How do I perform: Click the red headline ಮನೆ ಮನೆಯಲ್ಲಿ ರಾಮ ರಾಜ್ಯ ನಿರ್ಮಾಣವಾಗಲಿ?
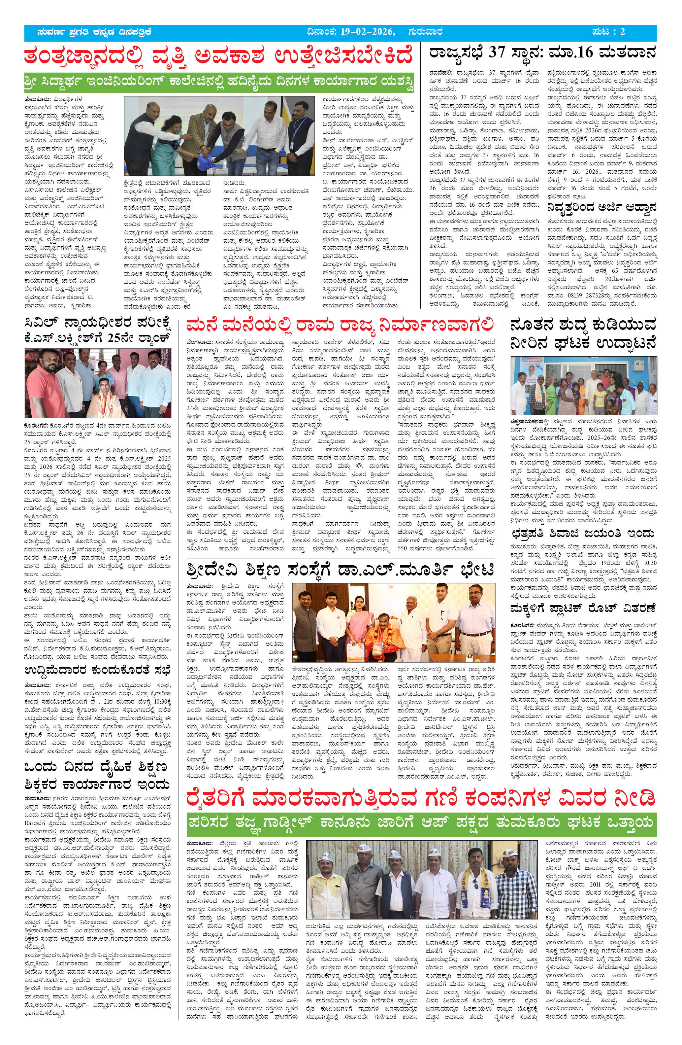pyautogui.click(x=340, y=326)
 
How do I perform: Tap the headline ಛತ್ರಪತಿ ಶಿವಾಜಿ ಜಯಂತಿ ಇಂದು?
pyautogui.click(x=582, y=534)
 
